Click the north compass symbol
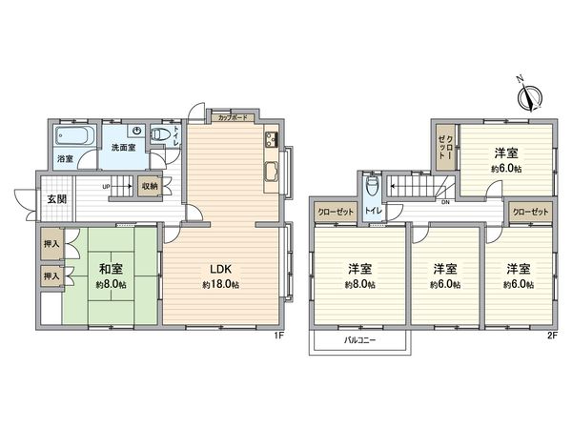coord(531,93)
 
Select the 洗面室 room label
coord(124,149)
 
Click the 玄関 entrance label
coord(56,199)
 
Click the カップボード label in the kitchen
coord(234,119)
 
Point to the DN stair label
coord(444,201)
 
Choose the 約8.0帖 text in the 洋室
coord(360,284)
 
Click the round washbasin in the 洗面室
coord(138,132)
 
